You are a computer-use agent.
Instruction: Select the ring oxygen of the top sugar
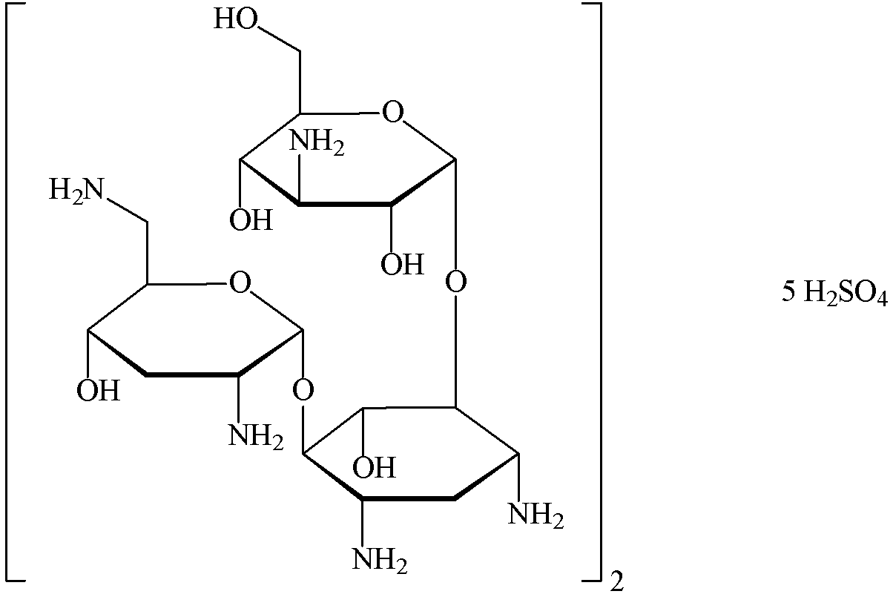[392, 113]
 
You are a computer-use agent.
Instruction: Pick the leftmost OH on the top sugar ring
[251, 220]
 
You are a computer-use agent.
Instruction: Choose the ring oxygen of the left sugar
[239, 283]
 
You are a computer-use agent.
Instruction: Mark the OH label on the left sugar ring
[98, 390]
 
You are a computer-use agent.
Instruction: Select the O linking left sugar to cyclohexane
[303, 388]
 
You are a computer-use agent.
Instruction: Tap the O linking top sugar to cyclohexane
[458, 282]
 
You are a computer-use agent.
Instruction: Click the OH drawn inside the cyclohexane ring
[374, 467]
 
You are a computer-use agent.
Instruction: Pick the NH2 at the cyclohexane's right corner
[536, 515]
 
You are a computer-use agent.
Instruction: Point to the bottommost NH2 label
[380, 558]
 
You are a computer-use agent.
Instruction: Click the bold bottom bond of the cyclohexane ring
[408, 499]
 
